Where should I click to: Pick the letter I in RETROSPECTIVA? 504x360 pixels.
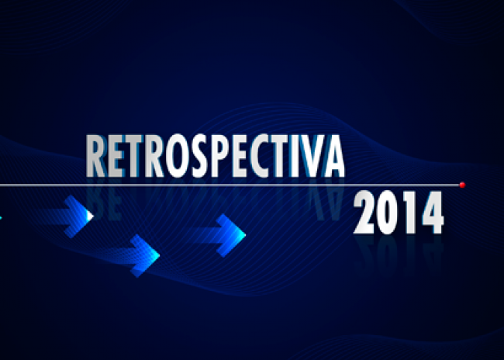click(x=294, y=156)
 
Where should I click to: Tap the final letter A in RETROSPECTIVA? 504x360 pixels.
click(x=333, y=156)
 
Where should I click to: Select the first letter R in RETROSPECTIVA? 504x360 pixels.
click(x=96, y=156)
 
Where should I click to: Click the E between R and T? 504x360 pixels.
click(x=115, y=156)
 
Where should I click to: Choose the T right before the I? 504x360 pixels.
click(x=280, y=156)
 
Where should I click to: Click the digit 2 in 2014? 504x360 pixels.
click(x=364, y=213)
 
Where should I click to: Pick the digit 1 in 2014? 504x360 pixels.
click(x=409, y=213)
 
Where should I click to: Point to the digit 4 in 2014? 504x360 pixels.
click(x=433, y=213)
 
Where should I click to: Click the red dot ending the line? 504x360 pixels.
click(x=462, y=185)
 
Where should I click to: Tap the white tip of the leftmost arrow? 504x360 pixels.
click(x=90, y=216)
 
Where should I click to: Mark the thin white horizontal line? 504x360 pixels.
click(x=230, y=185)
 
